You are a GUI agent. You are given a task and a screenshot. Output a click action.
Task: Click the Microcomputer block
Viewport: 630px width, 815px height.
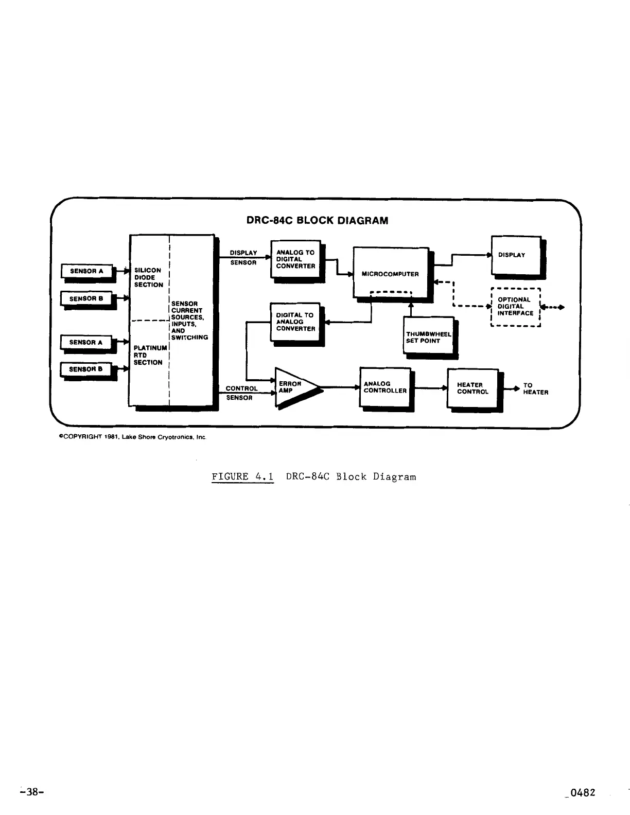tap(391, 272)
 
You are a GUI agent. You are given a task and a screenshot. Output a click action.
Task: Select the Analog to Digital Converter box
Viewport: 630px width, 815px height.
tap(295, 259)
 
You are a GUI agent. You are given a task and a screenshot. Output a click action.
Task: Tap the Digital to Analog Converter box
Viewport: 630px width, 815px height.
tap(295, 322)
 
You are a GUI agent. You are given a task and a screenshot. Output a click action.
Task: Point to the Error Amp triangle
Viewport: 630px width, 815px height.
tap(293, 387)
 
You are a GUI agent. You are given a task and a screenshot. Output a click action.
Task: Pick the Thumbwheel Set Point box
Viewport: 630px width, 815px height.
tap(428, 335)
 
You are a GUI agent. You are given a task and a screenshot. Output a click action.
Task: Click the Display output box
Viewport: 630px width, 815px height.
tap(516, 255)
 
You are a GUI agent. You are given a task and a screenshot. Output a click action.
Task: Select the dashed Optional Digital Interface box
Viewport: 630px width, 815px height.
tap(515, 307)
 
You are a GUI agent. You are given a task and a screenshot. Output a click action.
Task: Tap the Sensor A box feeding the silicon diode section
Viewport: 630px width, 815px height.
tap(86, 271)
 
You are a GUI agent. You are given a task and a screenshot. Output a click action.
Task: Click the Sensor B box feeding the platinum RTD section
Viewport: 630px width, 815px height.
tap(85, 369)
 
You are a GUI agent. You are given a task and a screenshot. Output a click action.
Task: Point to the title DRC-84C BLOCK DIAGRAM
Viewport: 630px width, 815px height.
tap(317, 221)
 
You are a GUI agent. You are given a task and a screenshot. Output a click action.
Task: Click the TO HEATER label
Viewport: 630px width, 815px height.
tap(535, 388)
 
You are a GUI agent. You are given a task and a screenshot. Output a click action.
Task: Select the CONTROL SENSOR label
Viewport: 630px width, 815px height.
tap(241, 393)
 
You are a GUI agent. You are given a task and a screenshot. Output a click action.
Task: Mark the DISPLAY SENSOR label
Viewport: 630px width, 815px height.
tap(243, 257)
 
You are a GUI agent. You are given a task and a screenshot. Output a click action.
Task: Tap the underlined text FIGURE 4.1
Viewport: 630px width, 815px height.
tap(242, 476)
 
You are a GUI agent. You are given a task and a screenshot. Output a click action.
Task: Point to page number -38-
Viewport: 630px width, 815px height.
tap(31, 792)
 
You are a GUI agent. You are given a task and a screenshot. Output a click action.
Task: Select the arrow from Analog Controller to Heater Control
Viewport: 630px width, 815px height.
tap(430, 388)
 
